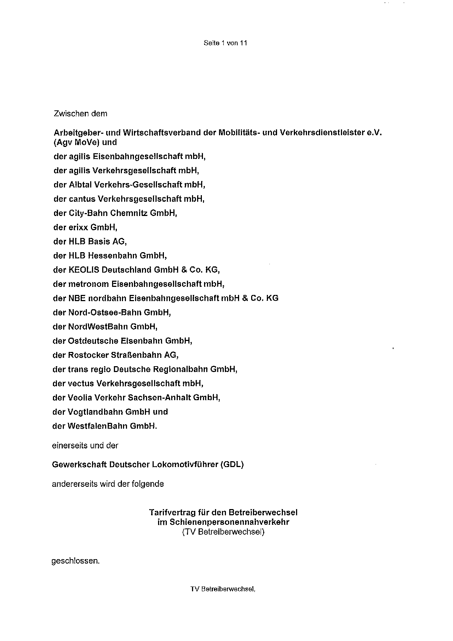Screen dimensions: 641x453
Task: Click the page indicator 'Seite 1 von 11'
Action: coord(225,43)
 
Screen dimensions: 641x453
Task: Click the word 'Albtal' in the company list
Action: coord(80,185)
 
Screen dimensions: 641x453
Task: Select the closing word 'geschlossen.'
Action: coord(76,561)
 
